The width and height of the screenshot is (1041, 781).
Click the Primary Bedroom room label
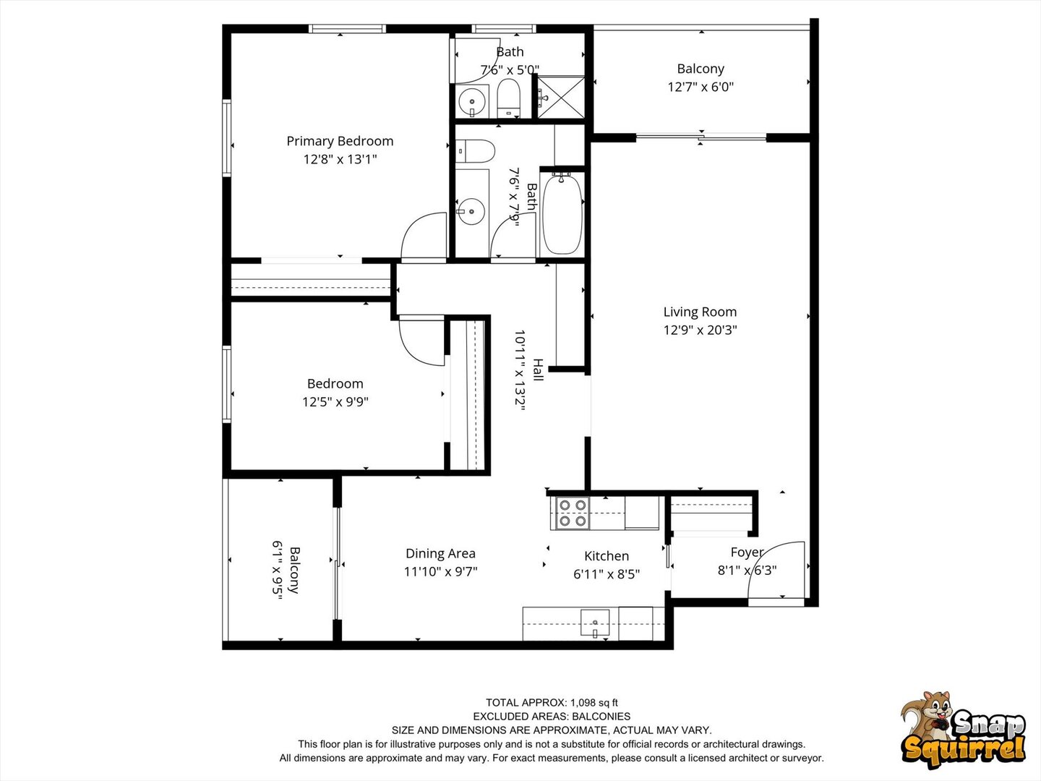pyautogui.click(x=340, y=141)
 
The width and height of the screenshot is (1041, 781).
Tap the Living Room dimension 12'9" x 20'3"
pyautogui.click(x=700, y=330)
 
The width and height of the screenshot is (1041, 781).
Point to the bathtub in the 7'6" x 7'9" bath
pyautogui.click(x=562, y=213)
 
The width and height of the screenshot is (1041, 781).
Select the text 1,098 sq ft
pyautogui.click(x=594, y=702)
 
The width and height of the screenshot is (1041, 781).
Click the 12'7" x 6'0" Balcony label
pyautogui.click(x=700, y=77)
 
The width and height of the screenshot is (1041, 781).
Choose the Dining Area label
pyautogui.click(x=440, y=553)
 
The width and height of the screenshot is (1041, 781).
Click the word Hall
pyautogui.click(x=538, y=370)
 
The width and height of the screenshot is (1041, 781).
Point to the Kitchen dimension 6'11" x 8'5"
pyautogui.click(x=606, y=574)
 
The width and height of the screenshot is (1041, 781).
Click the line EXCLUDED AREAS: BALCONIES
pyautogui.click(x=552, y=716)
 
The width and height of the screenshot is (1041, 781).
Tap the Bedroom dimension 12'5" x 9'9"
pyautogui.click(x=335, y=402)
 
